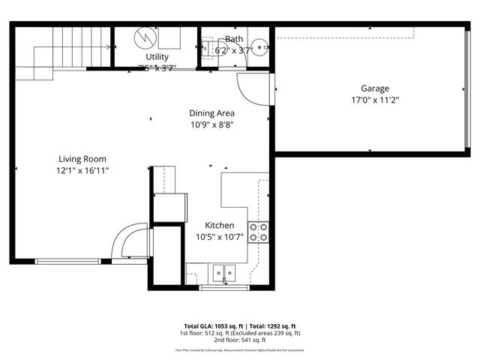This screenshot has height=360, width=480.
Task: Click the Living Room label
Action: click(x=82, y=159)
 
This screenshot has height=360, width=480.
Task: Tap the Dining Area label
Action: click(x=211, y=113)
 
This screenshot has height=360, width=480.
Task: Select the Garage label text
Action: click(x=375, y=88)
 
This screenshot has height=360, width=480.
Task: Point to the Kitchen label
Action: click(x=220, y=225)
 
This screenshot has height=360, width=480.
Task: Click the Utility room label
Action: click(x=157, y=57)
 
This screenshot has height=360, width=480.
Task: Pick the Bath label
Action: click(x=234, y=39)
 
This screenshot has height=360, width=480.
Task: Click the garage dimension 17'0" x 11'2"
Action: click(x=375, y=100)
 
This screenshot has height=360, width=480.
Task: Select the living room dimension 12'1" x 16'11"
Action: click(x=82, y=170)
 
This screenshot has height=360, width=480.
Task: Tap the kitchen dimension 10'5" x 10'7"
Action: click(x=220, y=237)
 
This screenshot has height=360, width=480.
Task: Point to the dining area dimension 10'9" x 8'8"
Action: click(x=211, y=125)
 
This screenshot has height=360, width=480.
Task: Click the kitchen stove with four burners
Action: click(x=258, y=232)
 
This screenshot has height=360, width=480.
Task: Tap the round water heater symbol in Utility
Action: click(x=144, y=37)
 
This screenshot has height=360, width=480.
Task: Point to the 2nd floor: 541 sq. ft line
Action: click(x=239, y=340)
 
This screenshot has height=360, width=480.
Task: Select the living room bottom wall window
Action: click(x=67, y=261)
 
